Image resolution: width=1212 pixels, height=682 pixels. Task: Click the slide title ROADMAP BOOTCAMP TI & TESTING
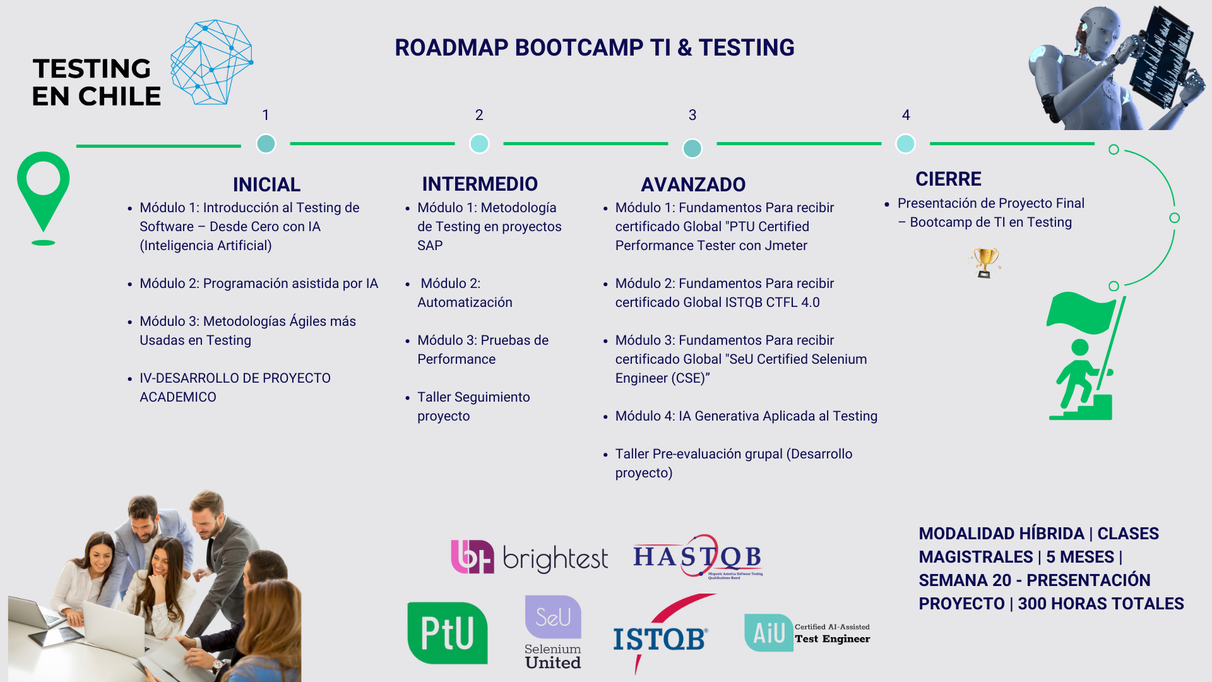(x=595, y=48)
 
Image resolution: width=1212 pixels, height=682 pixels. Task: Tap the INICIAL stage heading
(x=266, y=184)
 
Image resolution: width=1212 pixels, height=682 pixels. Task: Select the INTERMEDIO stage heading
(x=480, y=184)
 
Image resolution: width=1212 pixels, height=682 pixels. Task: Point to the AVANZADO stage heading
(x=693, y=184)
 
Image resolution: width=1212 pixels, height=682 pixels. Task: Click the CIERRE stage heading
(x=948, y=179)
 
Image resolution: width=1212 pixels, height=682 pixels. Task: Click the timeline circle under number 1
(x=266, y=144)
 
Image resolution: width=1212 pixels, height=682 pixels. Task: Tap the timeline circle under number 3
(x=692, y=148)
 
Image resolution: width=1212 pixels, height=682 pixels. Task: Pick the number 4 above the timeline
(x=906, y=115)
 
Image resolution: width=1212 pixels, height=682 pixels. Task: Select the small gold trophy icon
(x=985, y=263)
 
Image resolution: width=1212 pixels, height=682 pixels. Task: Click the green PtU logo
(x=448, y=633)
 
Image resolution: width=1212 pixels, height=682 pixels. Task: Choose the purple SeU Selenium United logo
(x=553, y=632)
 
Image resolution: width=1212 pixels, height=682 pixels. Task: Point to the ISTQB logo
(x=661, y=635)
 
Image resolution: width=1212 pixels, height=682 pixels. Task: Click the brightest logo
(x=529, y=557)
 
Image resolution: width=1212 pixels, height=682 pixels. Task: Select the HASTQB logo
(x=698, y=556)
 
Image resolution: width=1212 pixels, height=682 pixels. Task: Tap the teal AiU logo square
(x=768, y=633)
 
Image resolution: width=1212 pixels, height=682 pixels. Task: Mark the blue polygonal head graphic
(x=211, y=62)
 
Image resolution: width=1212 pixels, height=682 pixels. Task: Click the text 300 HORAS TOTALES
(x=1101, y=604)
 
